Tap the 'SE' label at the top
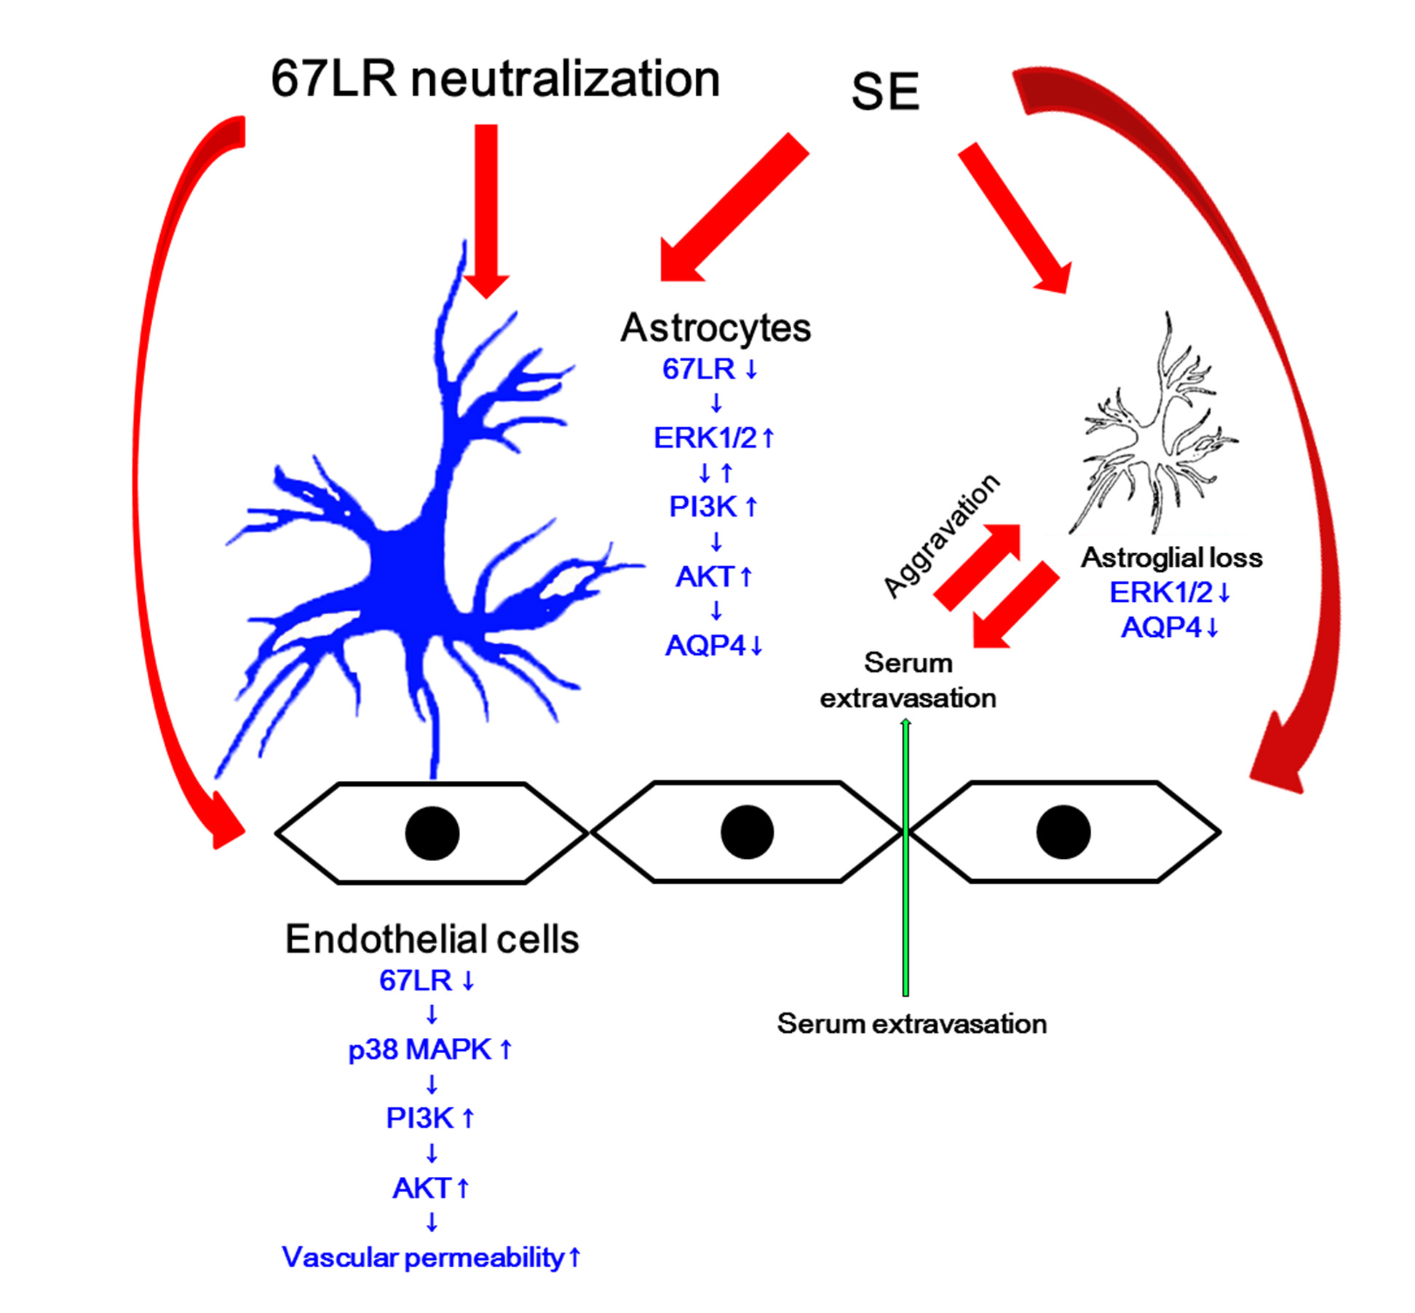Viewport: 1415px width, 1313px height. click(x=884, y=92)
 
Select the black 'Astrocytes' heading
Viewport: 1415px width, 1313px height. click(x=715, y=328)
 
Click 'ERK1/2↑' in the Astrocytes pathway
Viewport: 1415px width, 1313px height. click(x=713, y=438)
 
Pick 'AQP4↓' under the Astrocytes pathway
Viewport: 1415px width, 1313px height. click(x=713, y=646)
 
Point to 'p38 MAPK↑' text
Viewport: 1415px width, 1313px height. click(x=430, y=1050)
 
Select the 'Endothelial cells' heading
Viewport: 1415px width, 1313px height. click(x=432, y=939)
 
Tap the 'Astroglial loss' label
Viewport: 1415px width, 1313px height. click(x=1170, y=558)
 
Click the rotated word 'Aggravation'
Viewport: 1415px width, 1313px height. click(x=940, y=535)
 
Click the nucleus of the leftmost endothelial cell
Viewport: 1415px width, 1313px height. click(x=432, y=833)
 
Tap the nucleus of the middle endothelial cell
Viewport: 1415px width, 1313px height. click(x=747, y=832)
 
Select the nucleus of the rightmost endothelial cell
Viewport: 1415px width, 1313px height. click(x=1063, y=832)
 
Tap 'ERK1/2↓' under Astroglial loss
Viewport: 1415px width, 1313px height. click(x=1169, y=592)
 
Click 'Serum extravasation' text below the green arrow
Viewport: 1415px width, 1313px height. click(x=911, y=1024)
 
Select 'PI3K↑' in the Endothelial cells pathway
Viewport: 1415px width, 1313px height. click(x=430, y=1119)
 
